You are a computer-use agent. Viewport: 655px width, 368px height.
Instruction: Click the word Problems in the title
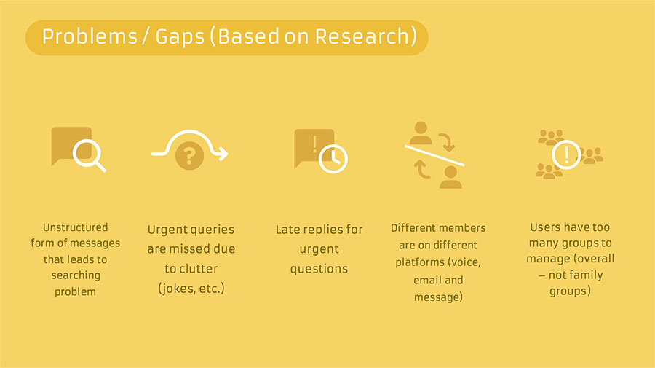click(90, 36)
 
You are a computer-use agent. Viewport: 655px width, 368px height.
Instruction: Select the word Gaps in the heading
click(180, 37)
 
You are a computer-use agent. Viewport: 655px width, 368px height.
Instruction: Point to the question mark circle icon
click(190, 155)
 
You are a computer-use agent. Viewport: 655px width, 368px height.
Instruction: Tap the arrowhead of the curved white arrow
click(223, 154)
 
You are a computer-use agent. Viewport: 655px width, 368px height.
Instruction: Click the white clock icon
click(333, 159)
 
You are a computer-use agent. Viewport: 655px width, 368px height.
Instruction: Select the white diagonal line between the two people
click(434, 155)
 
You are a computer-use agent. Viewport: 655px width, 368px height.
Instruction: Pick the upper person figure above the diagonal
click(421, 133)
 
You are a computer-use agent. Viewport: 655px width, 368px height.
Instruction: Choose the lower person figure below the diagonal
click(450, 177)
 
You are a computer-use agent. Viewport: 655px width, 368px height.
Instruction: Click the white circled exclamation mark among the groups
click(566, 154)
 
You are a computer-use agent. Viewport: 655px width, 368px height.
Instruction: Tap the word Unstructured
click(75, 227)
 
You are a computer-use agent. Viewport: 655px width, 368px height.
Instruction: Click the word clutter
click(197, 268)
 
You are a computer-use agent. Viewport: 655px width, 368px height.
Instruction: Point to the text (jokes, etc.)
click(191, 289)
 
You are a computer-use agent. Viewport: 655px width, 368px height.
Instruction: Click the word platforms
click(420, 262)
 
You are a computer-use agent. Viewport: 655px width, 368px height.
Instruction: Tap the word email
click(426, 280)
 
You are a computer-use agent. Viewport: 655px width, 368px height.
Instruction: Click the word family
click(588, 275)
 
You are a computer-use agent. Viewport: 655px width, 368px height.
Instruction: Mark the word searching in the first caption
click(76, 275)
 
